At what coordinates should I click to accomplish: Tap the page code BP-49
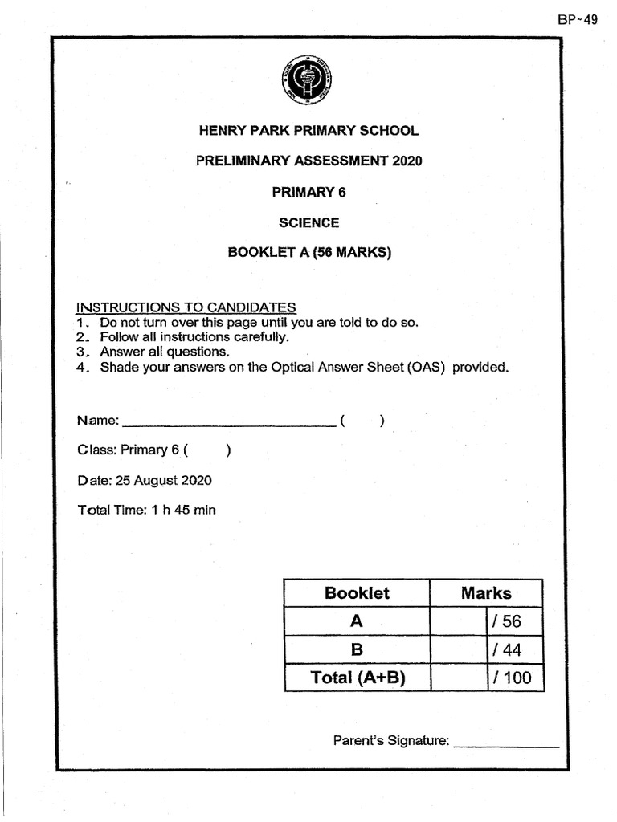(x=578, y=20)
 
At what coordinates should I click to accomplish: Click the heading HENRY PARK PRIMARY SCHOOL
(x=308, y=131)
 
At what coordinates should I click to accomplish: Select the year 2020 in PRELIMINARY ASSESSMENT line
(x=407, y=161)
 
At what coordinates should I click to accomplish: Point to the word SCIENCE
(x=308, y=222)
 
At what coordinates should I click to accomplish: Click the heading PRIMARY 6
(x=308, y=192)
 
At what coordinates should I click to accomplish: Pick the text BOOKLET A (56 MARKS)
(x=308, y=253)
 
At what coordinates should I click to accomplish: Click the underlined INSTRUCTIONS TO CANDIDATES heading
(x=186, y=307)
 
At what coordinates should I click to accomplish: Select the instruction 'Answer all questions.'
(x=165, y=352)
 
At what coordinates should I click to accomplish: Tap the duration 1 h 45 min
(x=183, y=510)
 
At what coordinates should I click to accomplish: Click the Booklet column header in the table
(x=357, y=593)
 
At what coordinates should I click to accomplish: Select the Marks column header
(x=486, y=593)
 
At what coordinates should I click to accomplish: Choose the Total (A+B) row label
(x=357, y=677)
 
